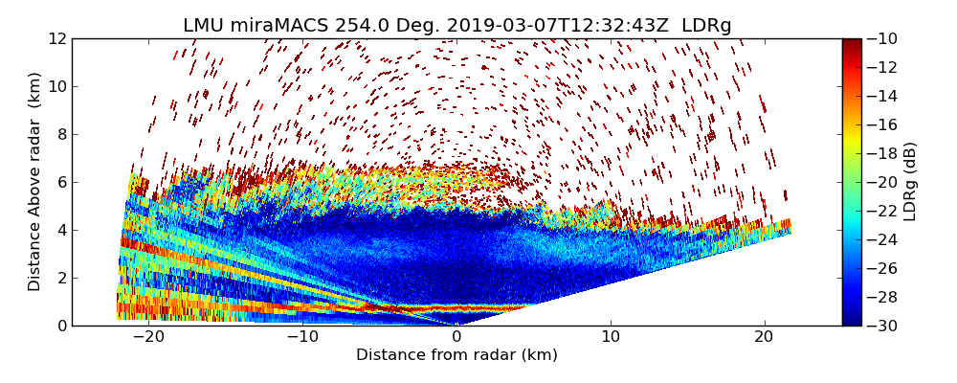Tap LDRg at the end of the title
tap(706, 26)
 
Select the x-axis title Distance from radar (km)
tap(456, 355)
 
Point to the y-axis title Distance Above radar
tap(35, 182)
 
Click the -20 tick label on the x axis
tap(147, 337)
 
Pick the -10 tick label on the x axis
tap(301, 337)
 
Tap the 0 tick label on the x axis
tap(456, 337)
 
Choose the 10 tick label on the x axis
tap(610, 337)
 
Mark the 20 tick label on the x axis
tap(764, 337)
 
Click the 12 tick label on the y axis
tap(57, 38)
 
